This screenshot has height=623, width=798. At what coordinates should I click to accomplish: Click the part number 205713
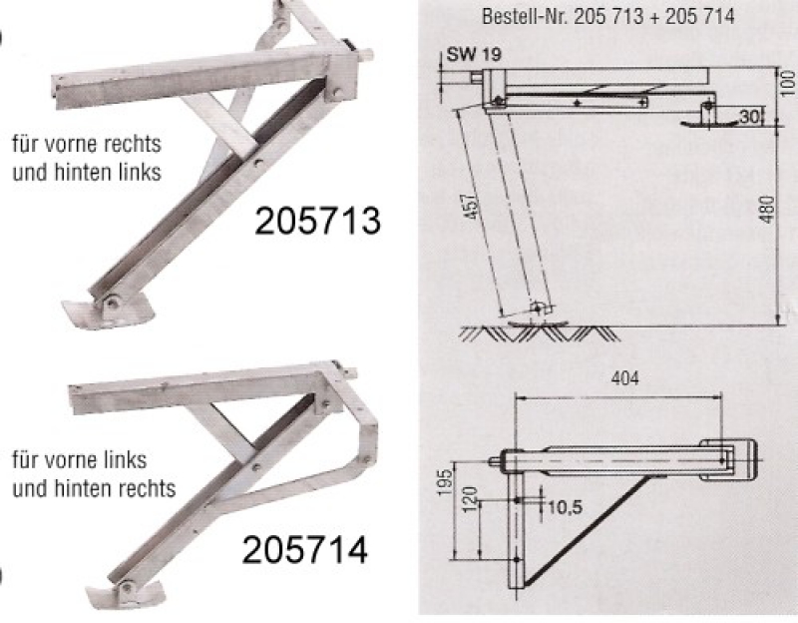[317, 221]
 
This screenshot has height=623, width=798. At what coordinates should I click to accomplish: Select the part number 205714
[304, 550]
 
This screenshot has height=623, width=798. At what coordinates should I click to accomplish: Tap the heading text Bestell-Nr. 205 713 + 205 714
[608, 16]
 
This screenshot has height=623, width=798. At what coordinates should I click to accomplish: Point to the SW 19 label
[474, 54]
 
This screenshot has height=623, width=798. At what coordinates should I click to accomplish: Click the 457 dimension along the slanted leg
[473, 206]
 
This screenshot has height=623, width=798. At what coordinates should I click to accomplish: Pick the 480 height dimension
[768, 209]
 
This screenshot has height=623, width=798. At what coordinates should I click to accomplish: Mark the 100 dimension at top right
[787, 83]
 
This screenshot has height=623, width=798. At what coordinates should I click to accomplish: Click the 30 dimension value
[749, 117]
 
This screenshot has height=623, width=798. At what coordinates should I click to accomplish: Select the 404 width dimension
[625, 378]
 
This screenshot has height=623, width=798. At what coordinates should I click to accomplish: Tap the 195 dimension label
[445, 482]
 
